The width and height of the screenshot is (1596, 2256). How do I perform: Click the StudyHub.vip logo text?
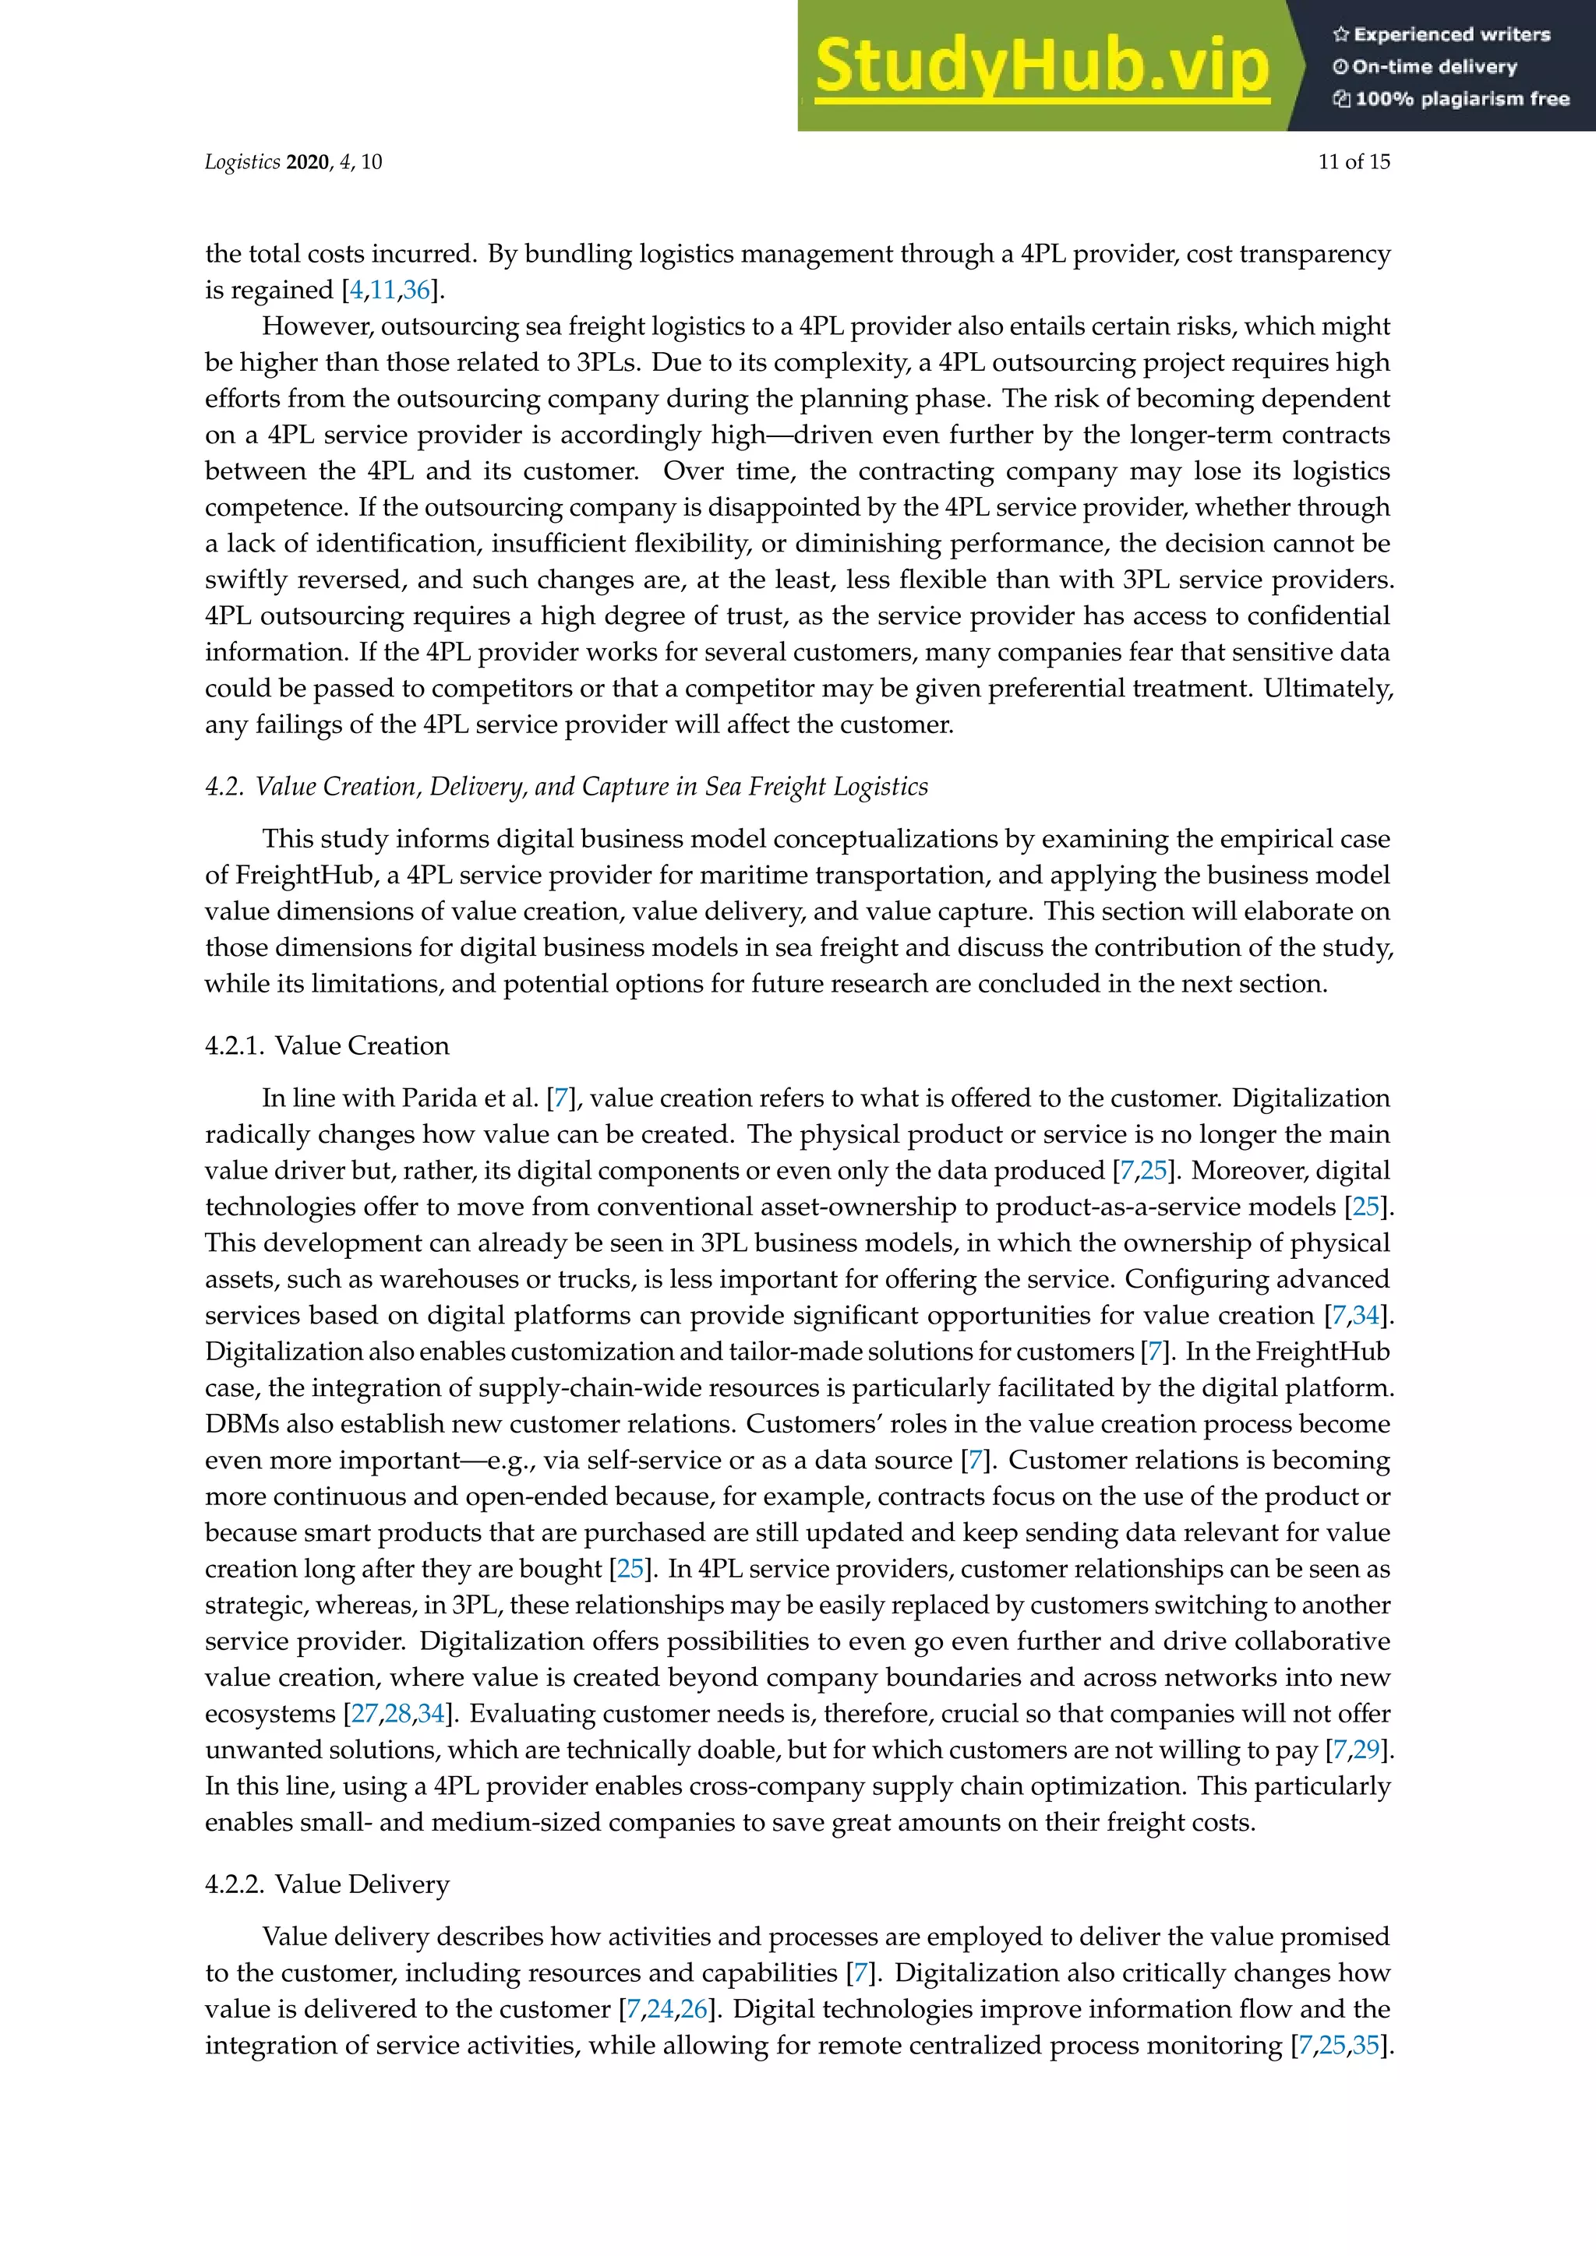click(1042, 67)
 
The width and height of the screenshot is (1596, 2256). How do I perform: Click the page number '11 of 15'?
click(1354, 162)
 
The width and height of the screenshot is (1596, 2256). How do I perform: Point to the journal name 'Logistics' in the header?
click(242, 162)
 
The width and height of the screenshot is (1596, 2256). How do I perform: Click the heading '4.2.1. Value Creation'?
click(327, 1045)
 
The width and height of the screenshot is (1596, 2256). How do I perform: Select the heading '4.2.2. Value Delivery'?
click(327, 1884)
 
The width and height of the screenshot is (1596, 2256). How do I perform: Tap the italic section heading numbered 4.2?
click(566, 787)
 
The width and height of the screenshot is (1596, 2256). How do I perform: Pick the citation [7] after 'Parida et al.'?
click(561, 1098)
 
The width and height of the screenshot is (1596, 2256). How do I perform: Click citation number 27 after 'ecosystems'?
click(364, 1714)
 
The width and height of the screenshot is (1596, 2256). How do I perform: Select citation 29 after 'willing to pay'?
click(1367, 1750)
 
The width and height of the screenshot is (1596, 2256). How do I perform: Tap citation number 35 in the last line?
click(1366, 2046)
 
